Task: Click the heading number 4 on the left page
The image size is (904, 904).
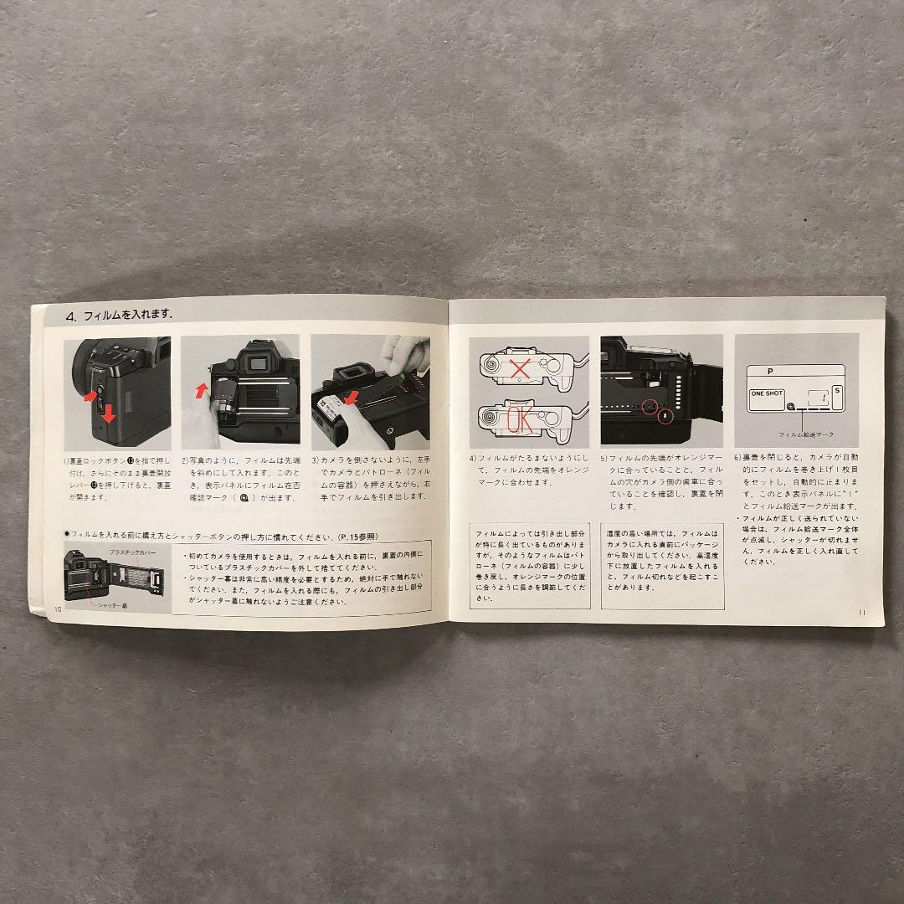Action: coord(72,316)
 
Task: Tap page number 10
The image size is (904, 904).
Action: coord(56,609)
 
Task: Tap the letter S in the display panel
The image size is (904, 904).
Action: coord(838,390)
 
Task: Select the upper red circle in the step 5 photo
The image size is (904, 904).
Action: coord(647,405)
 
